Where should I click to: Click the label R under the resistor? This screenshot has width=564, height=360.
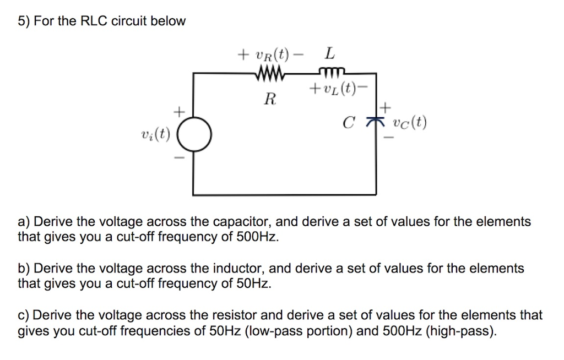[269, 100]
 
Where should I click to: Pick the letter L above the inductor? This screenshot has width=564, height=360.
[329, 54]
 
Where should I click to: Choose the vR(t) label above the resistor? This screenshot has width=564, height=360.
[269, 54]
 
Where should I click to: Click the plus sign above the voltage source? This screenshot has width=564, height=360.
[178, 112]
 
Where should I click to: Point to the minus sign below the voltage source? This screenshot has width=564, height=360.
[178, 157]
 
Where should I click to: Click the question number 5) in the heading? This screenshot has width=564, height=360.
[24, 21]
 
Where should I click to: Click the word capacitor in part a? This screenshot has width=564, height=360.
[242, 222]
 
